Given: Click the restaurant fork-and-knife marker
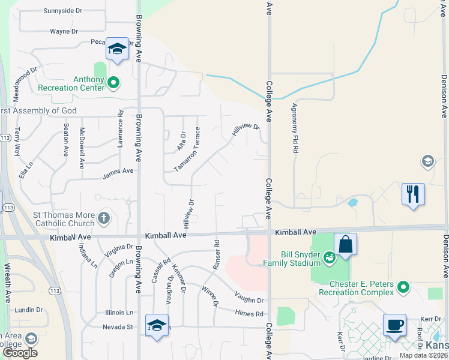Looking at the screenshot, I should click(413, 194).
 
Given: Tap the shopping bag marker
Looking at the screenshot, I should click(345, 244).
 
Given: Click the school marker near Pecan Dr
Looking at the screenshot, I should click(117, 49).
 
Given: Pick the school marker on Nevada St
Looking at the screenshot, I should click(157, 325).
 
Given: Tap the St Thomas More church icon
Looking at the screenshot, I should click(104, 217).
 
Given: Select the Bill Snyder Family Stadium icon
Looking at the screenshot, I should click(329, 258).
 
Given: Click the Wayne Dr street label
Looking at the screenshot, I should click(64, 31).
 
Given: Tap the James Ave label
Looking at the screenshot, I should click(118, 171).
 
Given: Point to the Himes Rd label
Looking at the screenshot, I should click(250, 314).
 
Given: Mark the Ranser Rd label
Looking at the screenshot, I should click(216, 253).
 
